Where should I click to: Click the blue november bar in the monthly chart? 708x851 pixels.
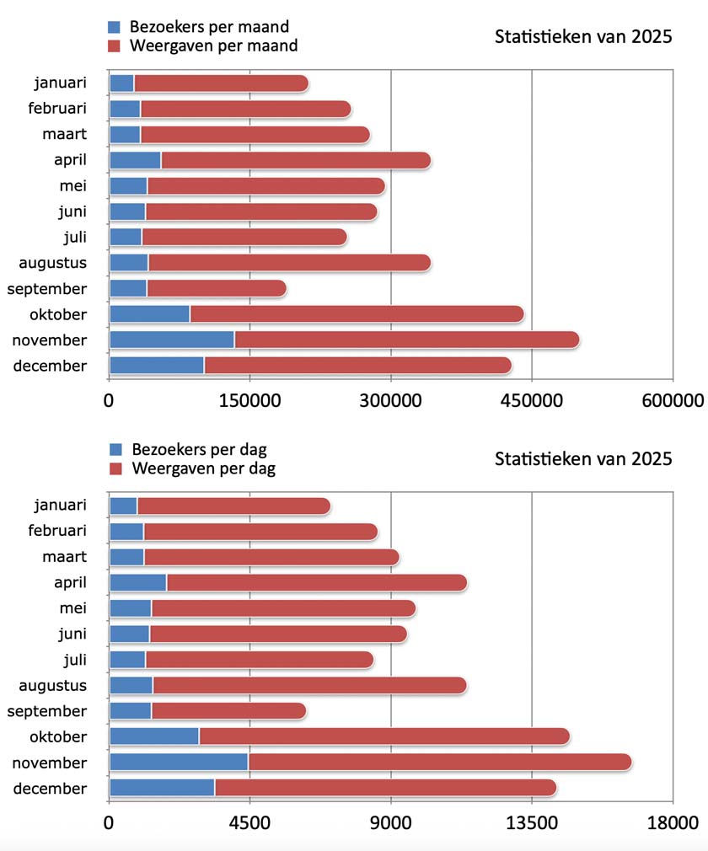(172, 340)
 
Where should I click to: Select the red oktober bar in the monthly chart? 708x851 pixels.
(357, 314)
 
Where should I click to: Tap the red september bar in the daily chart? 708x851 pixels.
(228, 711)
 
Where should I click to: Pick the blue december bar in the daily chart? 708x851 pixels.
(162, 788)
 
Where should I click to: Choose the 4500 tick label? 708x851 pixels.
(250, 822)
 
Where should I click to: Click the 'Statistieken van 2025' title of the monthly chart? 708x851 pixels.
(583, 37)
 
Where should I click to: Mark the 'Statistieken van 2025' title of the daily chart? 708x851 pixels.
(583, 459)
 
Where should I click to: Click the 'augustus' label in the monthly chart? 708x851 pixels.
(53, 263)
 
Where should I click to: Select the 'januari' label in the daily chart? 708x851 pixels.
(61, 506)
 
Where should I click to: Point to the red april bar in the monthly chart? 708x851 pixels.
(296, 160)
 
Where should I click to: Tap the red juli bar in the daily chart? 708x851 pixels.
(259, 659)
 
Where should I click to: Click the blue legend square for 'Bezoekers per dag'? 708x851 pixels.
(116, 450)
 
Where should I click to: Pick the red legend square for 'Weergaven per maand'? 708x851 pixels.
(116, 45)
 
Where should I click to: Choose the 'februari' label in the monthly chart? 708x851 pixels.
(57, 109)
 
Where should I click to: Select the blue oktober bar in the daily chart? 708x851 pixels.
(154, 736)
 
